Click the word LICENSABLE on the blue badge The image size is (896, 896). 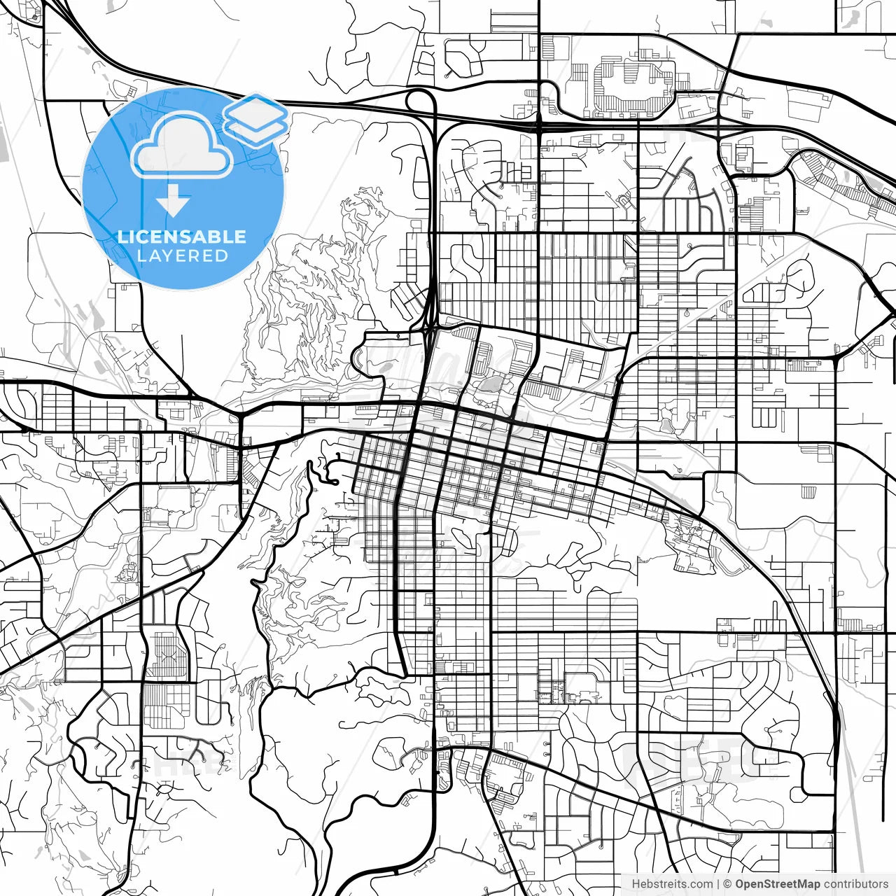coord(182,237)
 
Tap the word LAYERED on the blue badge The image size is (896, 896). coord(183,255)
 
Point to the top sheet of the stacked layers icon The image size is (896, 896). coord(256,111)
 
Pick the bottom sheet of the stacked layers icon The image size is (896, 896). coord(256,129)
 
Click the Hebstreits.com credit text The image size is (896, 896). coord(672,884)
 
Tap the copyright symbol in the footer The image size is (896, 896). coord(727,884)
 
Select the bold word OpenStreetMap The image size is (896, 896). coord(777,884)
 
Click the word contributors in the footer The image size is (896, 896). coord(855,884)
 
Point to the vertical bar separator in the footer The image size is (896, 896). coord(718,884)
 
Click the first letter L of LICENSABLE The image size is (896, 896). coord(122,237)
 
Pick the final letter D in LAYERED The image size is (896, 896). coord(222,255)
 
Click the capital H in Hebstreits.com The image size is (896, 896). coord(636,884)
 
